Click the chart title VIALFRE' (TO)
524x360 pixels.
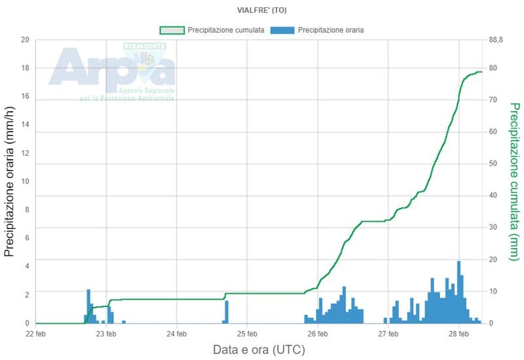point(262,10)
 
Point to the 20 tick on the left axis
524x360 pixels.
point(26,40)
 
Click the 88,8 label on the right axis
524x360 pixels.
point(496,40)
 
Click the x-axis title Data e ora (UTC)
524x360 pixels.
point(259,350)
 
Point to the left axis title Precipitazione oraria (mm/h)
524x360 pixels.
point(10,182)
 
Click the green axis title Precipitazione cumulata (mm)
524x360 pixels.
point(514,182)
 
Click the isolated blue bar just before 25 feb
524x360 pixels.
point(227,312)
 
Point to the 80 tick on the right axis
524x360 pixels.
point(493,68)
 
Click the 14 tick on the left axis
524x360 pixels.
point(26,125)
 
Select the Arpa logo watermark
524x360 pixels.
point(113,71)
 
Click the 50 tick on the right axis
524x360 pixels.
point(493,164)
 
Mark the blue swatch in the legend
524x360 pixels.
point(282,30)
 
